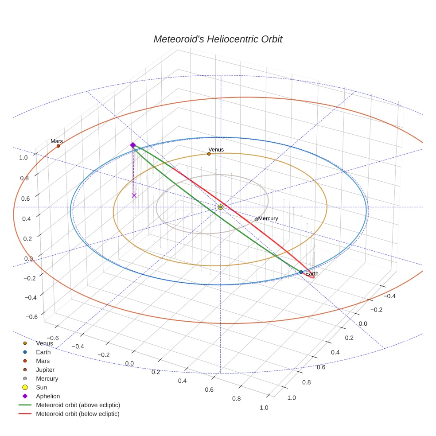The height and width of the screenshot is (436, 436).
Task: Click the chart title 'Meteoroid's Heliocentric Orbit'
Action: click(218, 39)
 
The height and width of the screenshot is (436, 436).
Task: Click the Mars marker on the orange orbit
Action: click(58, 146)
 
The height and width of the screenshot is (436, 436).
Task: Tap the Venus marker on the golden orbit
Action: click(209, 154)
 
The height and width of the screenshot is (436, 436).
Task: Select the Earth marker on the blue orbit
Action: click(301, 272)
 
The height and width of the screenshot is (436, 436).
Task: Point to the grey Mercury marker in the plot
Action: click(256, 219)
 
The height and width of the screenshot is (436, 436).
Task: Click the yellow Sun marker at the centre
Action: click(221, 207)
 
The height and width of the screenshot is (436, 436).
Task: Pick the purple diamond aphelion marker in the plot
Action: click(132, 145)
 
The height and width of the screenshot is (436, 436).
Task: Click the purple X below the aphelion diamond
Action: click(134, 195)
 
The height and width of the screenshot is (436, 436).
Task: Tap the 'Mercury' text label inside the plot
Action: click(268, 218)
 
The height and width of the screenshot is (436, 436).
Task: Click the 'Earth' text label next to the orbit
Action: click(311, 274)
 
